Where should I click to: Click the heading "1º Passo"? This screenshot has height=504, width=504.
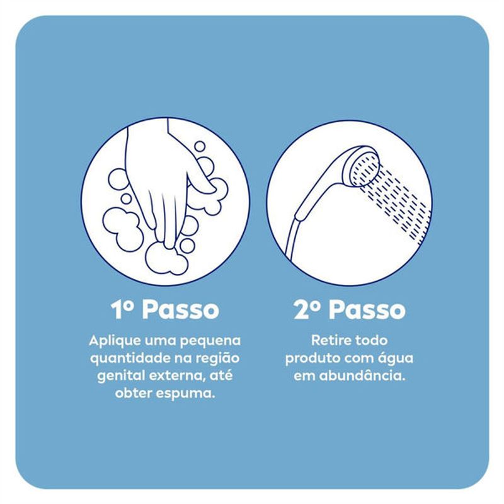coord(164,309)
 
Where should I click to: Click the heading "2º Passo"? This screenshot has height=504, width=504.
coord(350,309)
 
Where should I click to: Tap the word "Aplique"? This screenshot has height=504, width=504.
coord(114,341)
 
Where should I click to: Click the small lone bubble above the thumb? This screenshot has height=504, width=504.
coord(200,146)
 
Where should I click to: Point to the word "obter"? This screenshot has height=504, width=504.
coord(134,392)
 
